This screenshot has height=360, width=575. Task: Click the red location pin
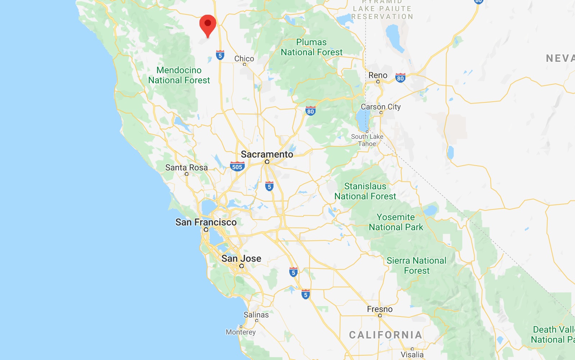[x=208, y=24]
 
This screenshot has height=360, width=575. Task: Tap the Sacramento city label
[x=267, y=154]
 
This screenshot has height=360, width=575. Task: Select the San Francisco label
[x=206, y=222]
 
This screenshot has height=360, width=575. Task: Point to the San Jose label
[x=241, y=259]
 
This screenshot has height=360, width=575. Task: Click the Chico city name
[x=244, y=59]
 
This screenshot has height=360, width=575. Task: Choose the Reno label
[x=378, y=75]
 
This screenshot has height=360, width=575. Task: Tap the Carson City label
[x=381, y=107]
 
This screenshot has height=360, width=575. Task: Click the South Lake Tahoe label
[x=367, y=140]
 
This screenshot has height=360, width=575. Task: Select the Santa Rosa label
[x=186, y=168]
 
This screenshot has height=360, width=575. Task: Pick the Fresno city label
[x=379, y=309]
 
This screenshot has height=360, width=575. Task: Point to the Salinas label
[x=256, y=315]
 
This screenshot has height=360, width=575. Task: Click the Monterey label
[x=240, y=332]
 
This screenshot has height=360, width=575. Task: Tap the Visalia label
[x=412, y=355]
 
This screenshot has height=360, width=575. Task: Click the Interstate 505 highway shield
[x=237, y=166]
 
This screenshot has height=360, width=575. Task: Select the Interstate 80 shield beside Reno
[x=400, y=78]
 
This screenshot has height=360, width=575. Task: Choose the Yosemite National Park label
[x=396, y=222]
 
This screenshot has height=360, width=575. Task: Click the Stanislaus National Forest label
[x=365, y=191]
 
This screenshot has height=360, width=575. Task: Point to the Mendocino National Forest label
[x=179, y=75]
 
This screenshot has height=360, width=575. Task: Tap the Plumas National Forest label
[x=312, y=47]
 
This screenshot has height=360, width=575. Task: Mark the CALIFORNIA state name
[x=386, y=335]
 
